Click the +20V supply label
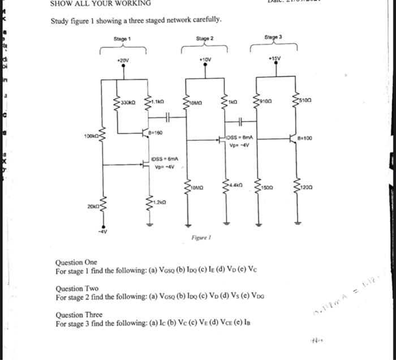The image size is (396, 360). [123, 59]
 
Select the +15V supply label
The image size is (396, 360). [276, 58]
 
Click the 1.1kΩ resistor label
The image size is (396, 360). [158, 102]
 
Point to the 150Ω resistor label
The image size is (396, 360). [268, 186]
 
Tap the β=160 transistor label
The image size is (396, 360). [156, 132]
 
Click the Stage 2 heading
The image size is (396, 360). [204, 38]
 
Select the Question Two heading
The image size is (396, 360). [77, 289]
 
